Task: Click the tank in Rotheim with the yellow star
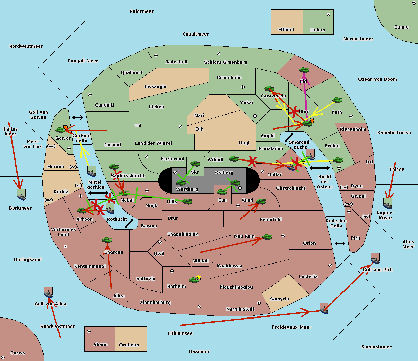pyautogui.click(x=194, y=279)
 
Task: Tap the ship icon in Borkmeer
pyautogui.click(x=22, y=195)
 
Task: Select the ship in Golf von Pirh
pyautogui.click(x=375, y=258)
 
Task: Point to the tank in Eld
pyautogui.click(x=304, y=70)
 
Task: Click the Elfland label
pyautogui.click(x=286, y=30)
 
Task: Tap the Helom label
pyautogui.click(x=317, y=30)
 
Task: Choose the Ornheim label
pyautogui.click(x=129, y=345)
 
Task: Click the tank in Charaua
pyautogui.click(x=107, y=240)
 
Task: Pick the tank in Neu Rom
pyautogui.click(x=267, y=237)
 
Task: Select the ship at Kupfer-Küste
pyautogui.click(x=387, y=203)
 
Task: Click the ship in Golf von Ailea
pyautogui.click(x=48, y=292)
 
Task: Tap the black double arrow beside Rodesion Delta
pyautogui.click(x=340, y=243)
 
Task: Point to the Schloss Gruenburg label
pyautogui.click(x=225, y=62)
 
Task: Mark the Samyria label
pyautogui.click(x=279, y=299)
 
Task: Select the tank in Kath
pyautogui.click(x=337, y=100)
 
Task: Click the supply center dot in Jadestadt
pyautogui.click(x=156, y=55)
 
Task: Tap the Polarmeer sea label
pyautogui.click(x=141, y=11)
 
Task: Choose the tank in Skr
pyautogui.click(x=195, y=163)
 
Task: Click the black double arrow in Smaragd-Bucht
pyautogui.click(x=289, y=138)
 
